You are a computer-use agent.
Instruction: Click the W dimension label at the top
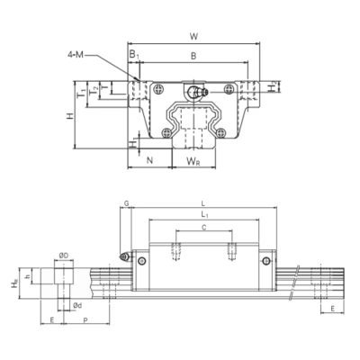pyautogui.click(x=195, y=36)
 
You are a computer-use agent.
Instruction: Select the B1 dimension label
pyautogui.click(x=134, y=57)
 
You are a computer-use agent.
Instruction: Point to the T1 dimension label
pyautogui.click(x=80, y=93)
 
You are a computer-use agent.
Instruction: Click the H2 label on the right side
pyautogui.click(x=274, y=87)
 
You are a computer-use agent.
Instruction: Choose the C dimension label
pyautogui.click(x=204, y=229)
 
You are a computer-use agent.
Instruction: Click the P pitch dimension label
pyautogui.click(x=85, y=320)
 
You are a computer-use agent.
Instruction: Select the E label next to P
pyautogui.click(x=52, y=320)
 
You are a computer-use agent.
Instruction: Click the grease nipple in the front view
pyautogui.click(x=197, y=92)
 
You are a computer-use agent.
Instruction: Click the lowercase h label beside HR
pyautogui.click(x=31, y=276)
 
